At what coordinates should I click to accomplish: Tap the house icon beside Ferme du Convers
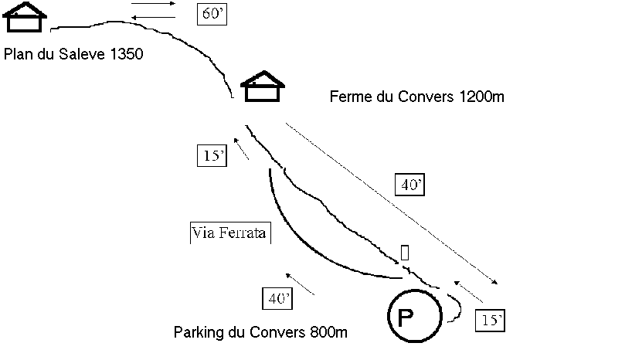(263, 87)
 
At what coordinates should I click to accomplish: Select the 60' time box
(212, 14)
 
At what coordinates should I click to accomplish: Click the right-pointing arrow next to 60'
(153, 4)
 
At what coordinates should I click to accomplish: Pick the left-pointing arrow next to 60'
(154, 17)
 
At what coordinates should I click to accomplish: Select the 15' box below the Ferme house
(212, 155)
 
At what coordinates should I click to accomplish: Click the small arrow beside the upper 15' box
(241, 149)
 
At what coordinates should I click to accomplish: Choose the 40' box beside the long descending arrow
(410, 185)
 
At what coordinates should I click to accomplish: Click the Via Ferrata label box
(230, 233)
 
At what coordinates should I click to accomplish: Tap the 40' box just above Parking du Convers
(277, 299)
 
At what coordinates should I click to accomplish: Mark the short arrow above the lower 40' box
(300, 284)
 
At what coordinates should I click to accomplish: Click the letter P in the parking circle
(406, 318)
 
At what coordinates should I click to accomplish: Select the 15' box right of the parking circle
(490, 321)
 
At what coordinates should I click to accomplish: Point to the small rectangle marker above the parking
(405, 253)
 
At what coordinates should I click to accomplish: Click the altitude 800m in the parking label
(329, 332)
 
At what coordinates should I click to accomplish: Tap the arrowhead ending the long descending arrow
(495, 282)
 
